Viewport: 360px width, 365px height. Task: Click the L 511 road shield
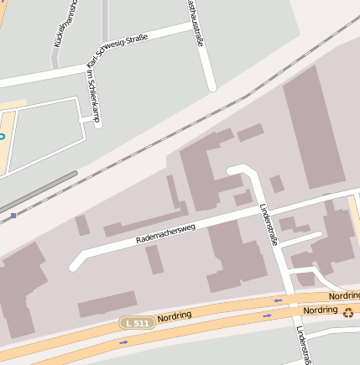coord(137,323)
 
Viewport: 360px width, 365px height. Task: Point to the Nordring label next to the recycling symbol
coord(320,310)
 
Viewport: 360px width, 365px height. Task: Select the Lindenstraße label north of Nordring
coord(268,222)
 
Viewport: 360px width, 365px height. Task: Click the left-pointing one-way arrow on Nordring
coord(278,300)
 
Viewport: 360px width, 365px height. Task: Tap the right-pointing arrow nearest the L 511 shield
coord(124,342)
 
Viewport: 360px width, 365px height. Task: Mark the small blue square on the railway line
coord(13,216)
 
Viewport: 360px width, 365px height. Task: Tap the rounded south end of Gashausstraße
coord(212,86)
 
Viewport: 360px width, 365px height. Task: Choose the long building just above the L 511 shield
coord(107,304)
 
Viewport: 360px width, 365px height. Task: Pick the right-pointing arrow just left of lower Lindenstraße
coord(267,315)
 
